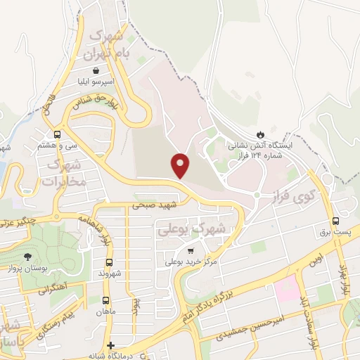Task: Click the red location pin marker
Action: point(181,166)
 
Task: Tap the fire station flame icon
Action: point(261,134)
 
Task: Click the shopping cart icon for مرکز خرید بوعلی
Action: point(191,251)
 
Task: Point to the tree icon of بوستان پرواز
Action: point(27,257)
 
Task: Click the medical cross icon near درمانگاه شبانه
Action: point(110,345)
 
